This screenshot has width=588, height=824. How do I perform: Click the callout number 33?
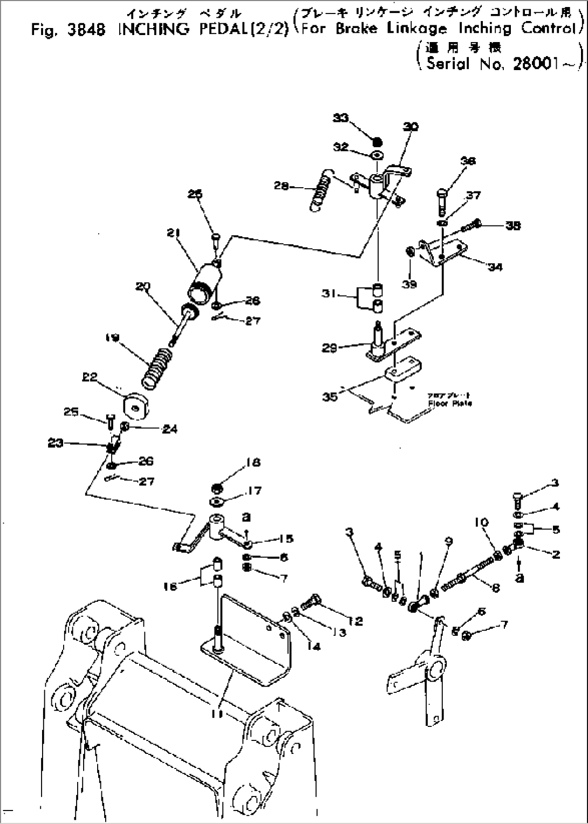pyautogui.click(x=340, y=119)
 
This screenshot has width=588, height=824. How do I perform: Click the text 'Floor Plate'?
pyautogui.click(x=449, y=403)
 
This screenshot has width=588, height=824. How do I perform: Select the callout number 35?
pyautogui.click(x=330, y=396)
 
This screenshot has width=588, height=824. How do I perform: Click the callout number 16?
pyautogui.click(x=170, y=586)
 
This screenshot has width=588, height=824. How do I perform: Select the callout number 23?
pyautogui.click(x=56, y=443)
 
